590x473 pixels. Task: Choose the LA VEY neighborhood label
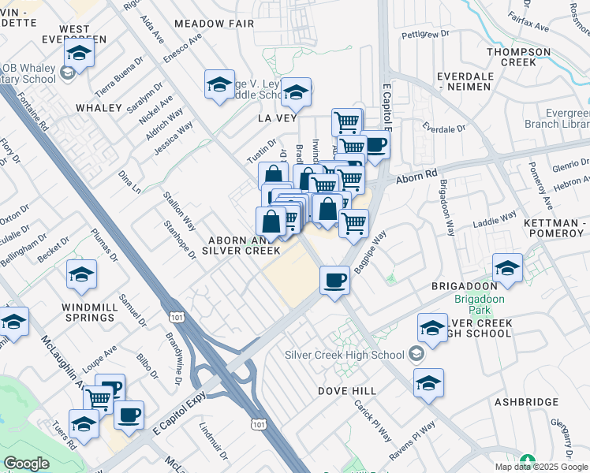coord(275,117)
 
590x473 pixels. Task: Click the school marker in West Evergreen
coord(79,53)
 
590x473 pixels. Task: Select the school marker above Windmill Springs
coord(81,274)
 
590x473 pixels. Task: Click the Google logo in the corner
coord(26,464)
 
